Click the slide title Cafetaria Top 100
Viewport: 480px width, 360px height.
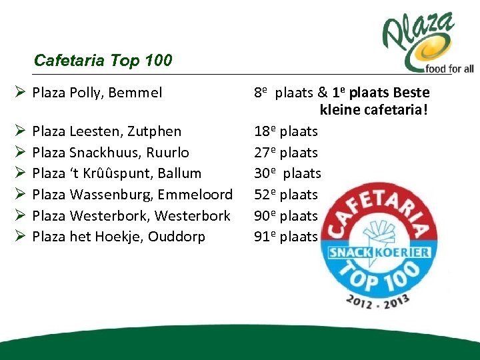point(103,61)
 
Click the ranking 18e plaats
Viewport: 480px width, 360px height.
point(286,131)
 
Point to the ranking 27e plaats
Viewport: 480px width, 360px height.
point(286,152)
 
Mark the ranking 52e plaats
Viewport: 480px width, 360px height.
point(286,195)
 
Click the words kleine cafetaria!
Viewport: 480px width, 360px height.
point(373,109)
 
